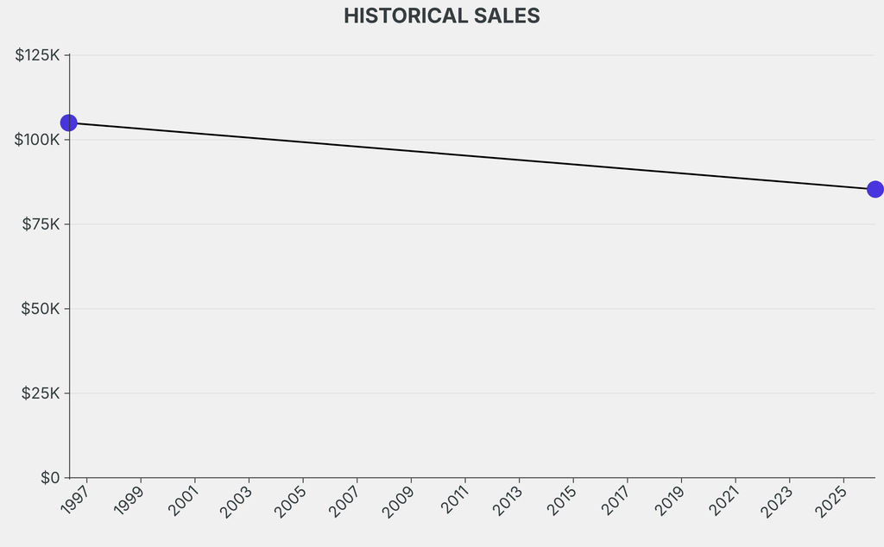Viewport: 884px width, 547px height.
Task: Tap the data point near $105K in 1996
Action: click(x=68, y=123)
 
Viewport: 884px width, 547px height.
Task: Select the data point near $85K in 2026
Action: click(x=875, y=189)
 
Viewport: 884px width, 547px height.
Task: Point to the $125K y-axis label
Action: click(x=37, y=55)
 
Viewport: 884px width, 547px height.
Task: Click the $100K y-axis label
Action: click(x=37, y=140)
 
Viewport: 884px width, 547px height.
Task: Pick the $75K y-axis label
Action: click(x=41, y=224)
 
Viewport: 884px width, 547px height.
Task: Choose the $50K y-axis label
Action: click(x=41, y=309)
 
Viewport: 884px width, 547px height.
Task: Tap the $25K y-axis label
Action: click(x=41, y=393)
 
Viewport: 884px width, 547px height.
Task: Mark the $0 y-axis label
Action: click(x=50, y=477)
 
